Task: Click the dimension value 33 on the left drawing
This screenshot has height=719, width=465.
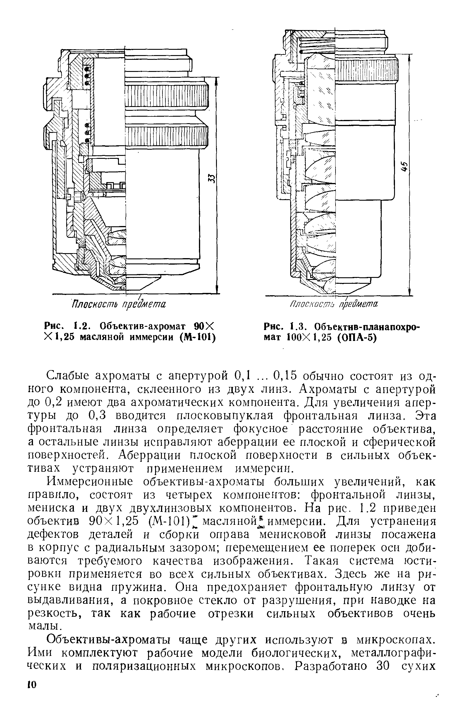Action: pos(212,179)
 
